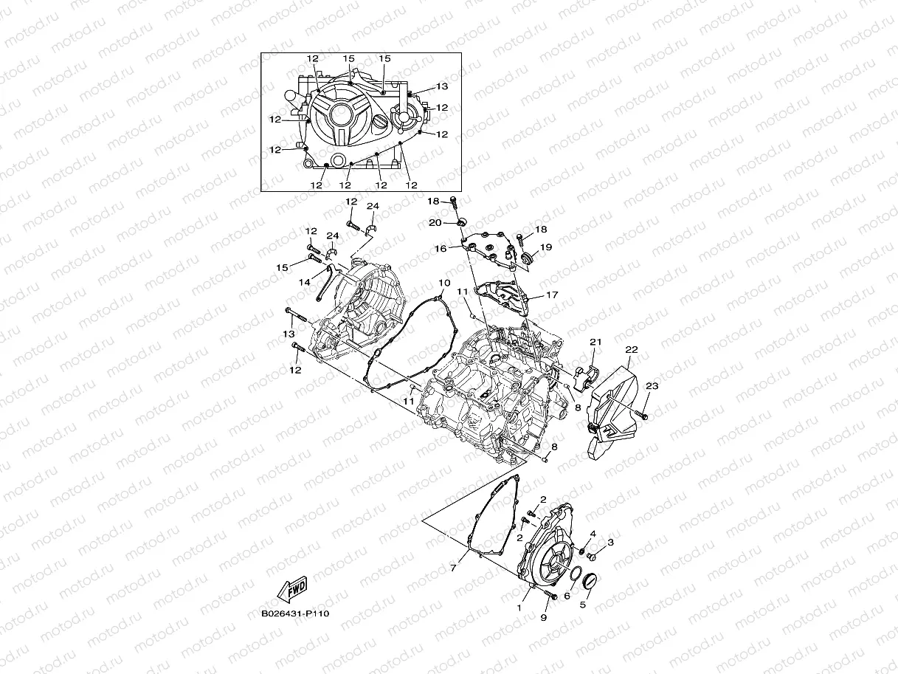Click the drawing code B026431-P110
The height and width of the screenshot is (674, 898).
[294, 613]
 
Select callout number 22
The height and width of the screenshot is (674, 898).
[632, 349]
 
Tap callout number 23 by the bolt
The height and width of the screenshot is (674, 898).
[652, 386]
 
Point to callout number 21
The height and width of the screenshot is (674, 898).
[595, 342]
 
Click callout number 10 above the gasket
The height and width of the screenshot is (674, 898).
[444, 283]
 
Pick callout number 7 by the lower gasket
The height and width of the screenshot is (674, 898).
[454, 568]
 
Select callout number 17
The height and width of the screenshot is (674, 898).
[552, 295]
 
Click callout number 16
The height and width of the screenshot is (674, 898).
[441, 249]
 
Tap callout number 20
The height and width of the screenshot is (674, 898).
[435, 222]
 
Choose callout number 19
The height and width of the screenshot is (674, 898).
[546, 248]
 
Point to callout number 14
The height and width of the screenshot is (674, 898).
[305, 282]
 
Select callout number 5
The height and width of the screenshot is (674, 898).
[582, 605]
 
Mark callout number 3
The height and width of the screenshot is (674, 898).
[610, 543]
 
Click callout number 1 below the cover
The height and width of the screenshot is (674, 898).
[519, 608]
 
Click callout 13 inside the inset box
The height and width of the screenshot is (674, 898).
[441, 86]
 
